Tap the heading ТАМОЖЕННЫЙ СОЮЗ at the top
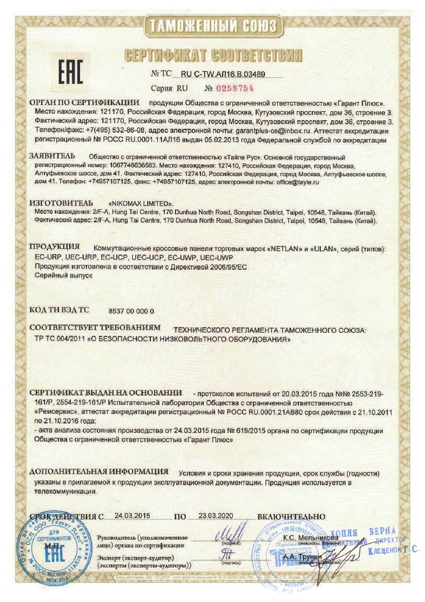213,26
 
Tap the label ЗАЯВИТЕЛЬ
52,155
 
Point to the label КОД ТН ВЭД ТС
59,311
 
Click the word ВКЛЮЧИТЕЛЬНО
291,516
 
